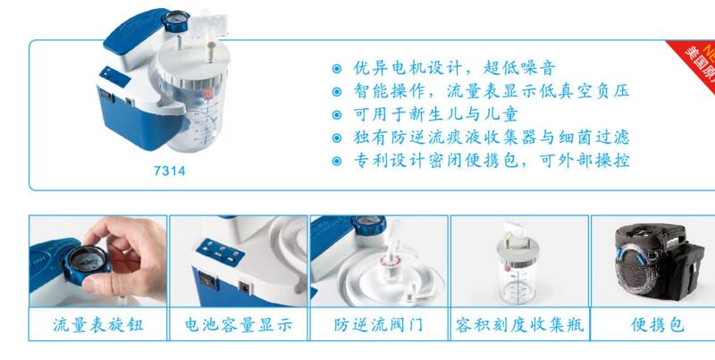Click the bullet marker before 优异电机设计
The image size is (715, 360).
tap(336, 69)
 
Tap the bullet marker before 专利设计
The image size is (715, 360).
tap(336, 162)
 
